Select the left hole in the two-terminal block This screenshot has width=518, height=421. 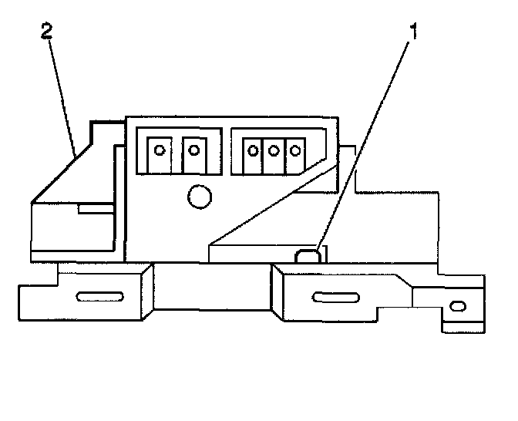[x=160, y=150]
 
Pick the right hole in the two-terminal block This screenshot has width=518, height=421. [x=193, y=150]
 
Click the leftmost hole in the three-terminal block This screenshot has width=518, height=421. [x=253, y=150]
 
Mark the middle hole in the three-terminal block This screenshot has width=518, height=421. [x=272, y=150]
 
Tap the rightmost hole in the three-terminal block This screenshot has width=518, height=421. [x=291, y=150]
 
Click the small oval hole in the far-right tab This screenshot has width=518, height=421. [x=458, y=306]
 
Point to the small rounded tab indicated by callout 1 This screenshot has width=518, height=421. [x=308, y=255]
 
